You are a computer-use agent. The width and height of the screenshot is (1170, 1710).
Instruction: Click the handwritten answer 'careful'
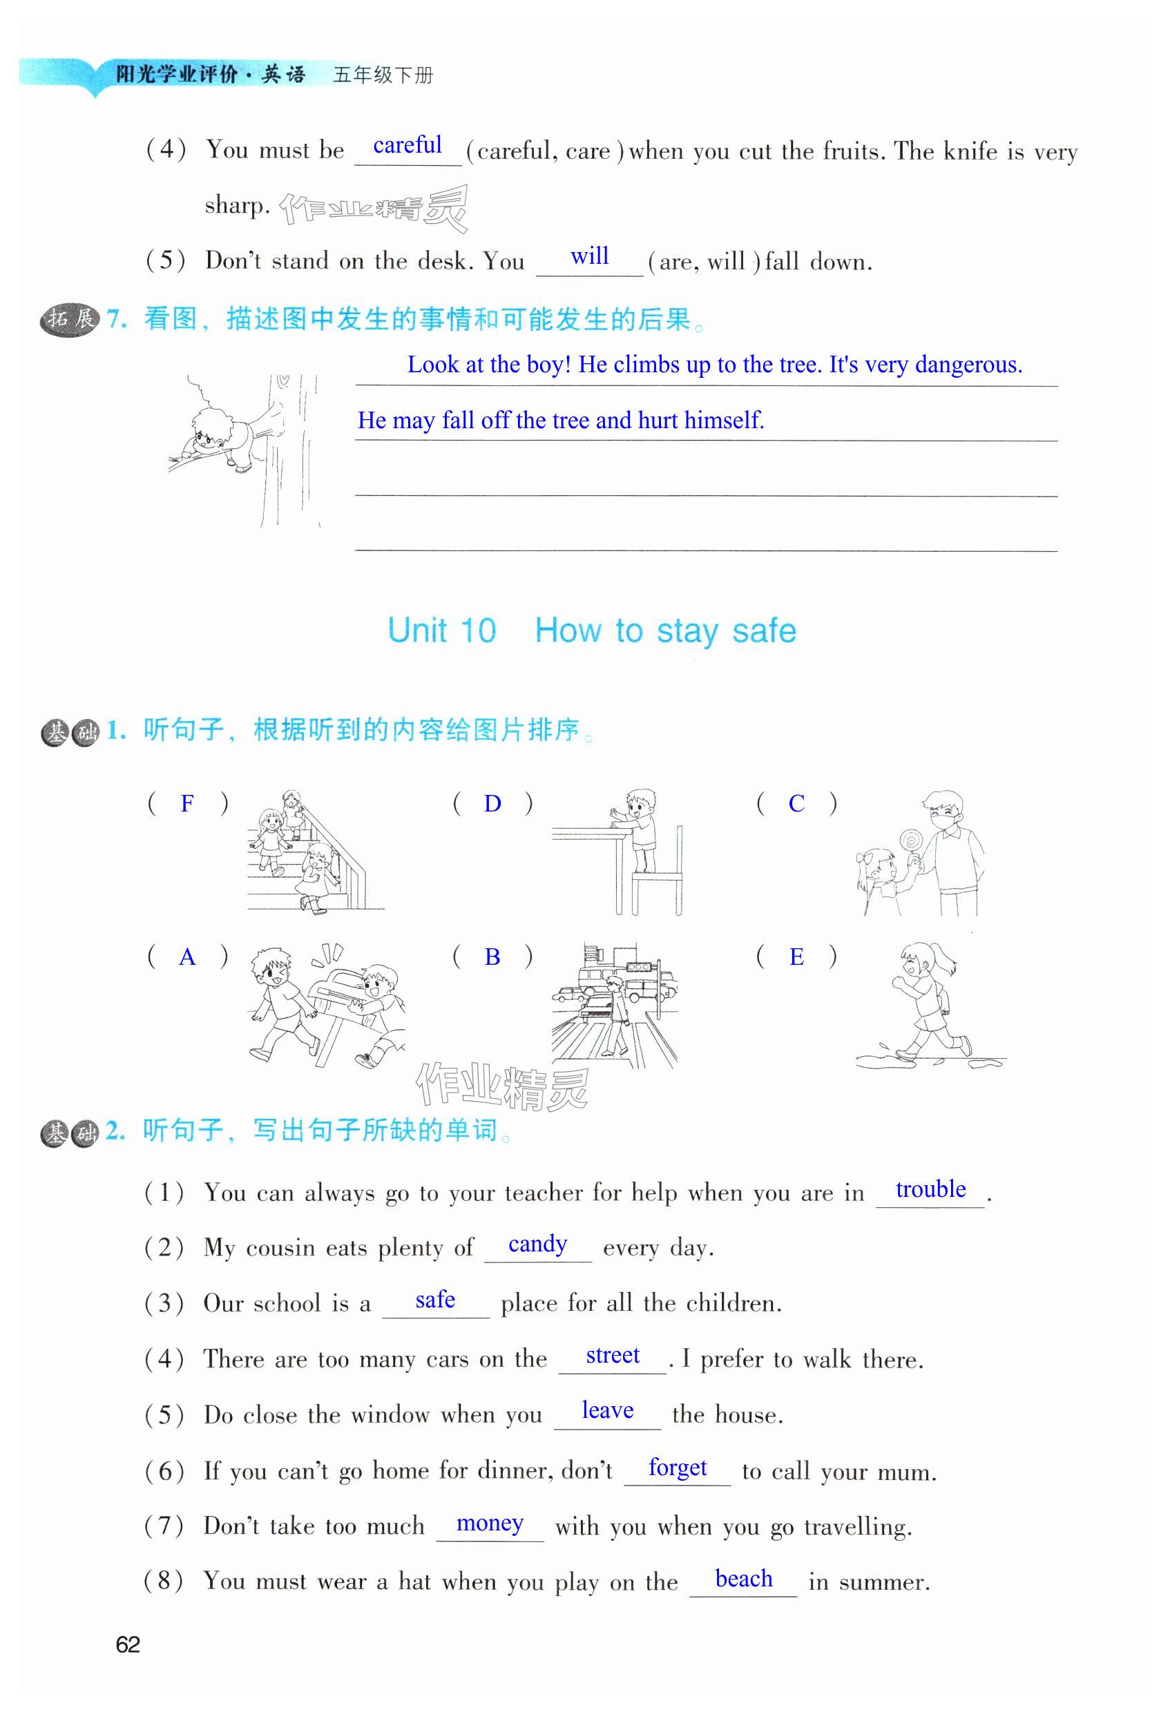pos(407,146)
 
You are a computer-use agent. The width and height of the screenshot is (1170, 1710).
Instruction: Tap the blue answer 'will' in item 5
pos(589,256)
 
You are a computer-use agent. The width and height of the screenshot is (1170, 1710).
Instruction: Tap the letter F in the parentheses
pos(188,803)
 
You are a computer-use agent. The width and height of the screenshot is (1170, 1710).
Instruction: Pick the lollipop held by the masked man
pos(912,840)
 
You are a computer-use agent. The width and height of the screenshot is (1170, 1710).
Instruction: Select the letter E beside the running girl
pos(796,957)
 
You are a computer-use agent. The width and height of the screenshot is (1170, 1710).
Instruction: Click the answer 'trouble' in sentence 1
pos(930,1190)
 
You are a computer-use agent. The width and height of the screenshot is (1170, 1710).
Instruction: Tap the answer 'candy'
pos(537,1245)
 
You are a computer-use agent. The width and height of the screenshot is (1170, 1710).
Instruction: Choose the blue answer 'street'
pos(612,1356)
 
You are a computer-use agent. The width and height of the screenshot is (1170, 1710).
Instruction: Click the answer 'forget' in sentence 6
pos(677,1468)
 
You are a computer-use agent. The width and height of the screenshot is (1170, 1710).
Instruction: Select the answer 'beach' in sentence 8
pos(743,1579)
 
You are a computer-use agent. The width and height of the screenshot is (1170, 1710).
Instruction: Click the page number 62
pos(128,1644)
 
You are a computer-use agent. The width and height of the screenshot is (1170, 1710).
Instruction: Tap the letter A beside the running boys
pos(188,957)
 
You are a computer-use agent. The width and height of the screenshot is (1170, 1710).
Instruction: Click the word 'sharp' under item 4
pos(236,205)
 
